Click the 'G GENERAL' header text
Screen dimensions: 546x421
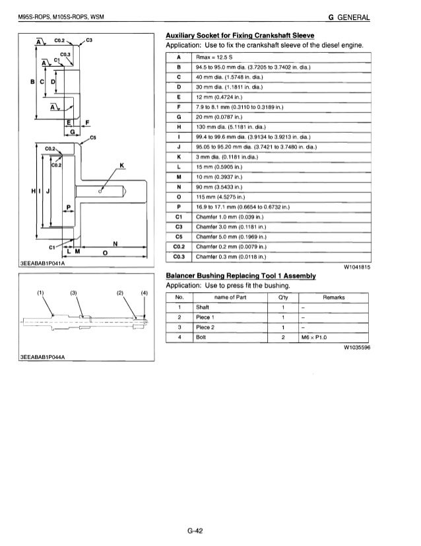point(383,16)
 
